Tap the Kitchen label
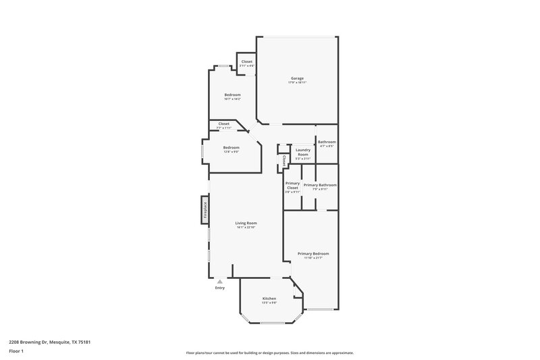[x=269, y=298]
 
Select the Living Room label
[x=246, y=223]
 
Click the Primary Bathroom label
[x=320, y=184]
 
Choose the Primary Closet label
[x=292, y=185]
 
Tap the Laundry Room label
[x=303, y=152]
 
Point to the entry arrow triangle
[x=220, y=282]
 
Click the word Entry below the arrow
[x=220, y=288]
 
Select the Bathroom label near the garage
[x=327, y=142]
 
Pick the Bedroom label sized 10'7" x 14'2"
[x=232, y=95]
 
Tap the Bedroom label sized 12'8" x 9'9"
[x=232, y=147]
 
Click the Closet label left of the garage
[x=247, y=61]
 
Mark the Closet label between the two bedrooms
[x=223, y=124]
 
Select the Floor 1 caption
[x=16, y=352]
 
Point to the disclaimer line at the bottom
[x=269, y=353]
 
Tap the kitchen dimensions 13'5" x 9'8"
[x=269, y=303]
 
